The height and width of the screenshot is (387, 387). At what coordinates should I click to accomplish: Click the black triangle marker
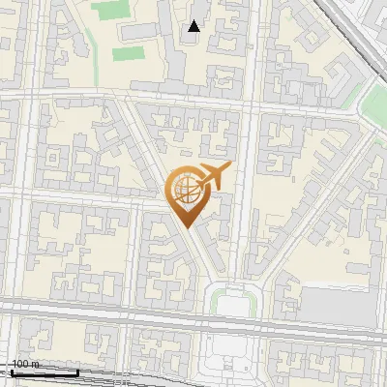pos(194,26)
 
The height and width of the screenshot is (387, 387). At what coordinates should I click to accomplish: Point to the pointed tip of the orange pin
pos(186,225)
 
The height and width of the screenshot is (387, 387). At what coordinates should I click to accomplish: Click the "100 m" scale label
pos(26,364)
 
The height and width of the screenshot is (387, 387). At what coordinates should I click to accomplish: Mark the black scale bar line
pos(45,372)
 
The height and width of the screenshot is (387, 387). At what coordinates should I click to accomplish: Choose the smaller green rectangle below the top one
pos(127,53)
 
